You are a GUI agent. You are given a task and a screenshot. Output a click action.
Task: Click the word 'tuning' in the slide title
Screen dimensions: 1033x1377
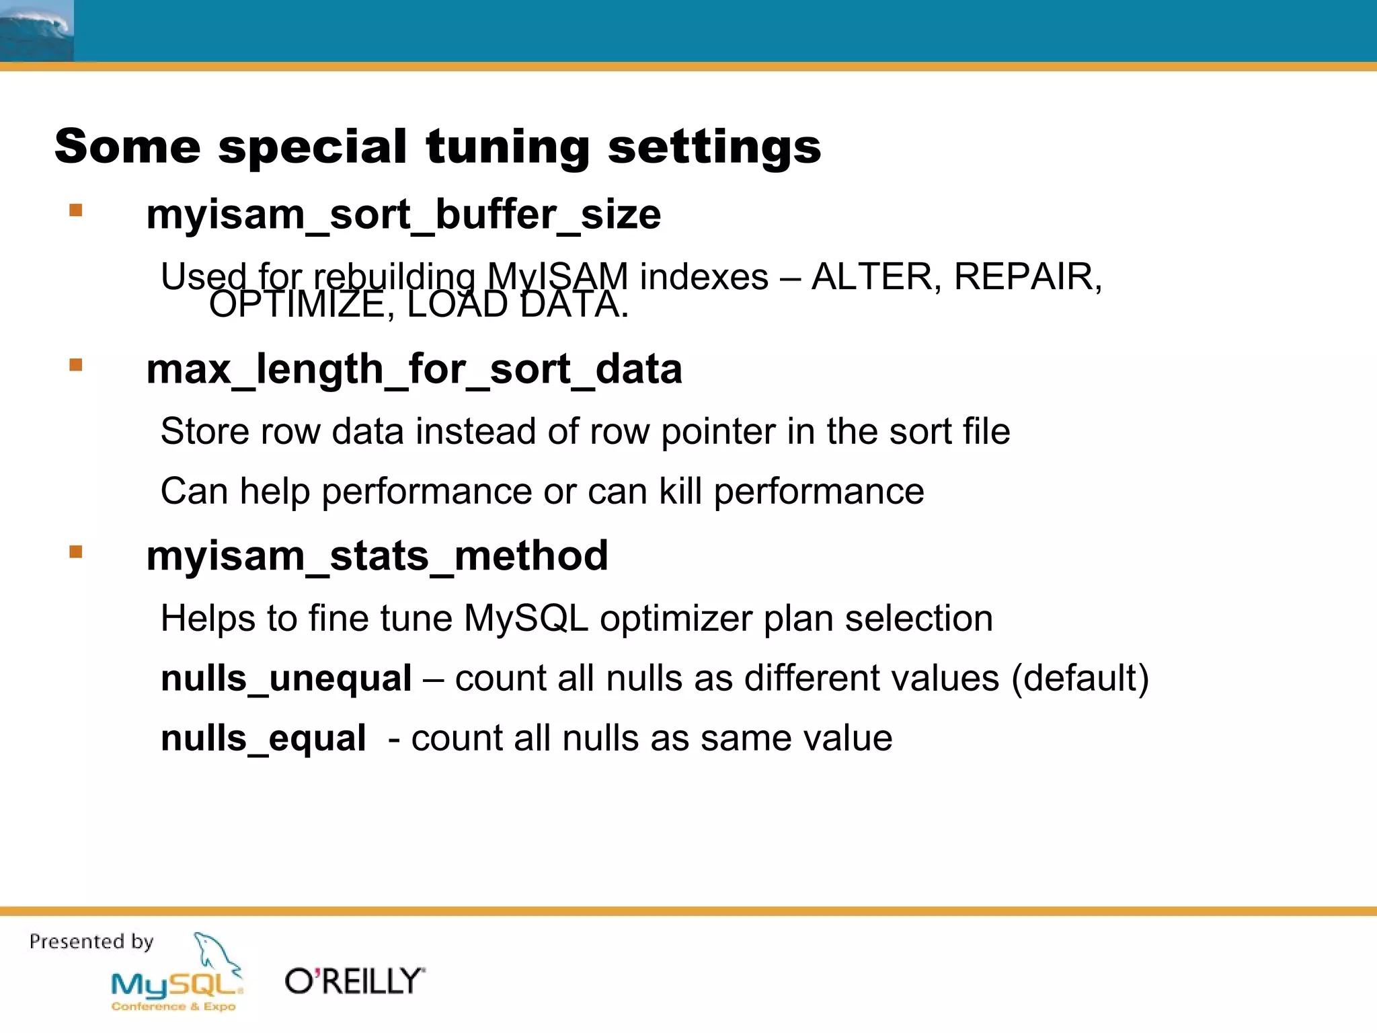[x=508, y=147]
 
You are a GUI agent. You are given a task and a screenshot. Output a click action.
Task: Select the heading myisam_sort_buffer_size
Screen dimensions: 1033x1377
[x=403, y=215]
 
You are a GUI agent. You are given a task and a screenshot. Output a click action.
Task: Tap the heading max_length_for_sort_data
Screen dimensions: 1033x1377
[x=414, y=369]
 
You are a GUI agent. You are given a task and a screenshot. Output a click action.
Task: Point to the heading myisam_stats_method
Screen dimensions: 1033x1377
[x=377, y=556]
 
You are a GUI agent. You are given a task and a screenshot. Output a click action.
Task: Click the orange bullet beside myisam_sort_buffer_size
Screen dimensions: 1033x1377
[x=76, y=211]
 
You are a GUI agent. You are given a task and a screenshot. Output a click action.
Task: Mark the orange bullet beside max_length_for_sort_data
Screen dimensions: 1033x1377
[x=76, y=365]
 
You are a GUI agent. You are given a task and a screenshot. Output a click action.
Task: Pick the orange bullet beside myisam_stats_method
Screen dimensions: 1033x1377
[x=76, y=552]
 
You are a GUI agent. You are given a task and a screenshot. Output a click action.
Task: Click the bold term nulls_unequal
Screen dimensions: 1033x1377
[x=286, y=678]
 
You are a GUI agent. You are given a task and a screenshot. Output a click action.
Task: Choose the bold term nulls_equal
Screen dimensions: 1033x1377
[x=264, y=738]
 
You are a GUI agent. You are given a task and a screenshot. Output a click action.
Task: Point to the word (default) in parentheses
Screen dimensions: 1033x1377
[x=1080, y=678]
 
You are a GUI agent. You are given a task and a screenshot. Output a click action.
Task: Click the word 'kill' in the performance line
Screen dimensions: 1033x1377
[x=680, y=491]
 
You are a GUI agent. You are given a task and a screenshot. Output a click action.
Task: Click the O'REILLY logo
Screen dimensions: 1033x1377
[x=355, y=981]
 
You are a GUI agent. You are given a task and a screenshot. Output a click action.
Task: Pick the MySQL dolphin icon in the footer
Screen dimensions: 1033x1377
[x=217, y=954]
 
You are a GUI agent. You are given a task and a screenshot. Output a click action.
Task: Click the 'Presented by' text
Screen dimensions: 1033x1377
[x=91, y=942]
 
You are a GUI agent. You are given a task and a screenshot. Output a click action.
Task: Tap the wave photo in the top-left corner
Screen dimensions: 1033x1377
[x=36, y=31]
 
